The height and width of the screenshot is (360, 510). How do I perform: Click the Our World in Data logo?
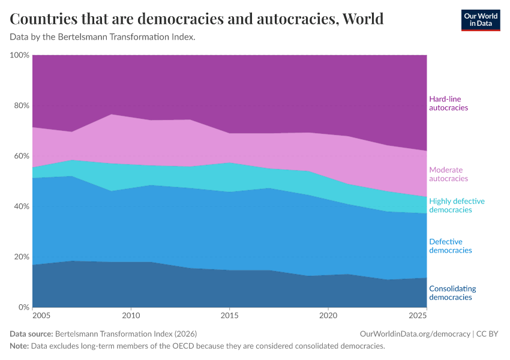[x=480, y=20]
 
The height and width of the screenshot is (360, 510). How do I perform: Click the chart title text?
[x=197, y=19]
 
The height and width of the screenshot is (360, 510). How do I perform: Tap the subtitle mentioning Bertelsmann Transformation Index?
[x=103, y=37]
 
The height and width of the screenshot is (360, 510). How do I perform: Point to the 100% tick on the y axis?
[x=19, y=55]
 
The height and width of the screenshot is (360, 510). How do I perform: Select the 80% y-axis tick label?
[x=21, y=106]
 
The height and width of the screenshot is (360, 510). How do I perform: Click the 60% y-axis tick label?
[x=21, y=156]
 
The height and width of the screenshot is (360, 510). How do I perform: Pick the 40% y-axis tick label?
[x=21, y=206]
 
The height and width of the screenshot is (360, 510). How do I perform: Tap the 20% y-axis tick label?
[x=21, y=257]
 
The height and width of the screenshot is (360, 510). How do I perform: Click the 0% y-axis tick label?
[x=23, y=307]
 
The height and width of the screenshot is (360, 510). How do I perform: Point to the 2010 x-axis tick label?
[x=131, y=315]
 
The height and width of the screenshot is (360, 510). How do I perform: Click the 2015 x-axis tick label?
[x=229, y=315]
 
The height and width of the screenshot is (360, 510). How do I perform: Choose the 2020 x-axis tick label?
[x=328, y=315]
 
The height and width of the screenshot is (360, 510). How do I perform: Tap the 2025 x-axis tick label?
[x=418, y=315]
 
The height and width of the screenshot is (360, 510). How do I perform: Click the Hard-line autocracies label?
[x=448, y=103]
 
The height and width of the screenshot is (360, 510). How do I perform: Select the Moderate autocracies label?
[x=448, y=174]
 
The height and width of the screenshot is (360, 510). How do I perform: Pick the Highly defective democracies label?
[x=457, y=205]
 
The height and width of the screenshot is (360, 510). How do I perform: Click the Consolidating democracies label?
[x=453, y=293]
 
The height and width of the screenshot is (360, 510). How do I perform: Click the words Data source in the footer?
[x=31, y=334]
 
